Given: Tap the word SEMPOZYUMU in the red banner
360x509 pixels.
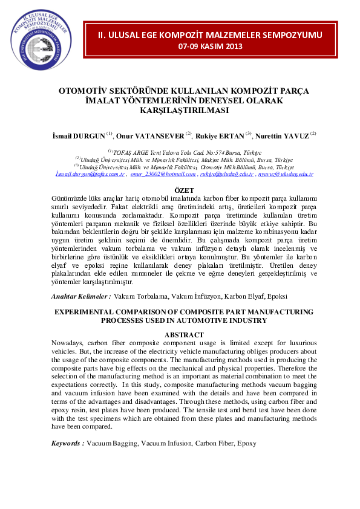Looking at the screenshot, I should pos(289,34).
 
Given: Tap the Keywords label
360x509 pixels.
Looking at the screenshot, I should pos(67,444).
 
